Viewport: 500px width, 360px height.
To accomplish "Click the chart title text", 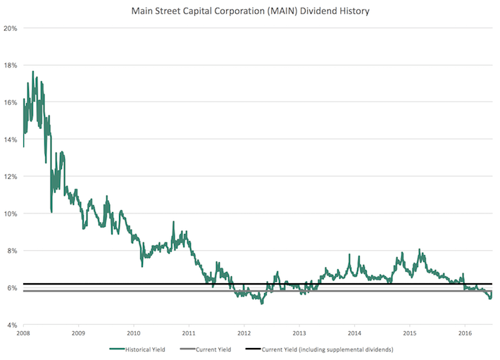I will click(250, 11).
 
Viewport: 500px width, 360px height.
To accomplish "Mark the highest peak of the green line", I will click(33, 71).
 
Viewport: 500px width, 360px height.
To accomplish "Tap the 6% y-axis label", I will click(12, 287).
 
